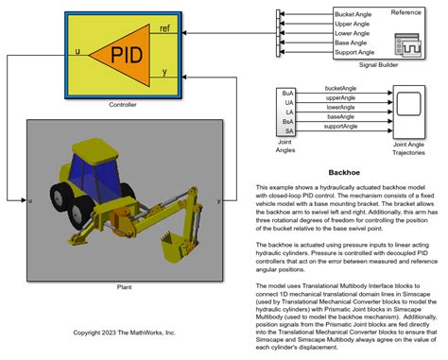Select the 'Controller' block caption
point(123,104)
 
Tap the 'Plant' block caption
point(123,285)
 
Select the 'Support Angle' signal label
point(355,52)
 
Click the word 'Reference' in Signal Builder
point(405,12)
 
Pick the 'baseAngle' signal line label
point(340,117)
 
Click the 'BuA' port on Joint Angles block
point(288,93)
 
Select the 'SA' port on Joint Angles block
point(288,130)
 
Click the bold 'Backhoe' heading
point(344,173)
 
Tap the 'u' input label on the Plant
point(31,201)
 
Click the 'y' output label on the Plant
point(219,201)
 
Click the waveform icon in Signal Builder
point(410,44)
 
